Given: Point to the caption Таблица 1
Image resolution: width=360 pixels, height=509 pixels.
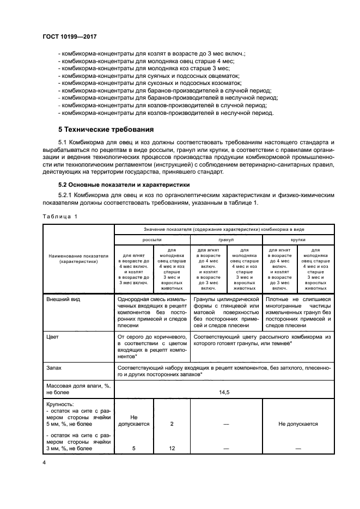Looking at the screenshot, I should coord(61,217).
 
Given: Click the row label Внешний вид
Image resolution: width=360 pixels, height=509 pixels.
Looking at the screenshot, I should coord(63,299).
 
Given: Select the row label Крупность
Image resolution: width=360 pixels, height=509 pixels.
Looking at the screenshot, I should coord(62,405).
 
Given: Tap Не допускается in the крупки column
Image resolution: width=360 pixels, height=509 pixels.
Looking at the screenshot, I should coord(298,423).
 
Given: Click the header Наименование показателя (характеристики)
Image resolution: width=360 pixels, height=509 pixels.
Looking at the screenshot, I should coord(78,257).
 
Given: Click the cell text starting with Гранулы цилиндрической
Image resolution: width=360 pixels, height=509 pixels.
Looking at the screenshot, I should coord(225,299).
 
